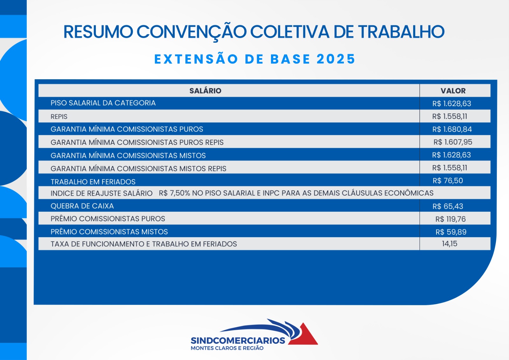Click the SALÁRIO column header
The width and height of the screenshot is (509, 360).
pyautogui.click(x=205, y=91)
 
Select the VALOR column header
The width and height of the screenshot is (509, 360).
pyautogui.click(x=453, y=91)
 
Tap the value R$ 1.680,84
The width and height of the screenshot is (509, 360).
pyautogui.click(x=452, y=129)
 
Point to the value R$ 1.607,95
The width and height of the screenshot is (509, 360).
pyautogui.click(x=453, y=142)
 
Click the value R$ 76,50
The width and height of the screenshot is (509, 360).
pyautogui.click(x=448, y=180)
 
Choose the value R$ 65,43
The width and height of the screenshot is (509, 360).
pyautogui.click(x=448, y=206)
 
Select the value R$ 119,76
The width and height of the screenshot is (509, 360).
pyautogui.click(x=450, y=219)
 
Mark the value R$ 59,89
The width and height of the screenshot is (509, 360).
pyautogui.click(x=451, y=232)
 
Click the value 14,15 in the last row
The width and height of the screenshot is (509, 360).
pyautogui.click(x=450, y=244)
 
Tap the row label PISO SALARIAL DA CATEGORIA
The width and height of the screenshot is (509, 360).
pyautogui.click(x=103, y=103)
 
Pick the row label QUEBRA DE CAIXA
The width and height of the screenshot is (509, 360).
pyautogui.click(x=82, y=206)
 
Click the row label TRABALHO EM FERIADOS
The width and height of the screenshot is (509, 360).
pyautogui.click(x=93, y=182)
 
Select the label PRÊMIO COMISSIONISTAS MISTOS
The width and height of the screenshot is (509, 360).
pyautogui.click(x=109, y=232)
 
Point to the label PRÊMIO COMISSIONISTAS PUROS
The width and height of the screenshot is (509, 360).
pyautogui.click(x=108, y=219)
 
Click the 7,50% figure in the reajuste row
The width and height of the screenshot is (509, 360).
pyautogui.click(x=180, y=193)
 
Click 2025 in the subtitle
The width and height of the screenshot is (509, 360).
pyautogui.click(x=336, y=59)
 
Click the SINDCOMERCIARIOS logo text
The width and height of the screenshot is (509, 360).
pyautogui.click(x=238, y=341)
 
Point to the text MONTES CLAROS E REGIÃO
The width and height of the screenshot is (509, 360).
pyautogui.click(x=227, y=348)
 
